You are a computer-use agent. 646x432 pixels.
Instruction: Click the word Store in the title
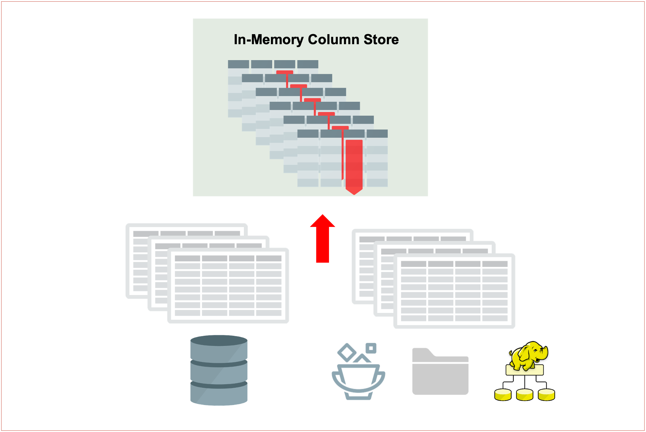click(381, 40)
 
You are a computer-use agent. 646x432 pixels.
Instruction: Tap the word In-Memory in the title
click(269, 40)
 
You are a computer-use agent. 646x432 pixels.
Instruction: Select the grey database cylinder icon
click(219, 371)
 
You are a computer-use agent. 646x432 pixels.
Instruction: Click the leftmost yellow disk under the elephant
click(503, 395)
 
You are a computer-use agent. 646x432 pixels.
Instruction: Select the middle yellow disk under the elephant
click(525, 395)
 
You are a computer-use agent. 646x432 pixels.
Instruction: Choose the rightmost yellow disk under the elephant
click(546, 395)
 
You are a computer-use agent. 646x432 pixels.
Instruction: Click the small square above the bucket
click(371, 348)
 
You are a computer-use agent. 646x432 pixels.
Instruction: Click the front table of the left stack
click(228, 286)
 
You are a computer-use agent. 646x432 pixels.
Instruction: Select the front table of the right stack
click(454, 291)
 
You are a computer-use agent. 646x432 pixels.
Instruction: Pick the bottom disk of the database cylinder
click(219, 395)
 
